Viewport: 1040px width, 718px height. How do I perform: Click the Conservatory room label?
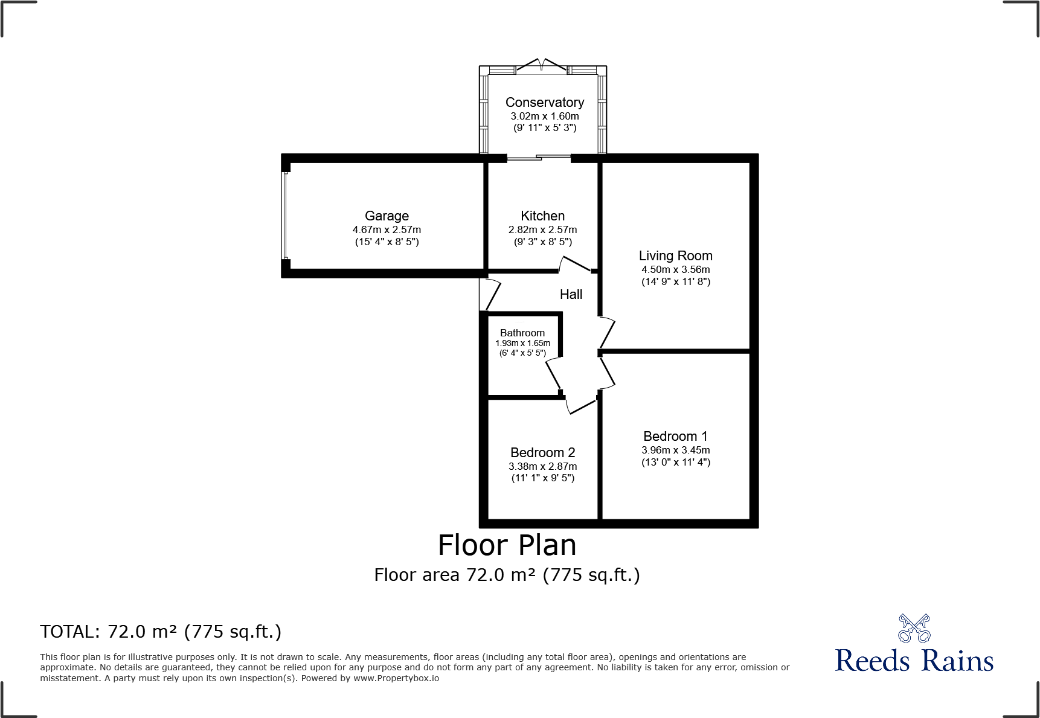coord(544,103)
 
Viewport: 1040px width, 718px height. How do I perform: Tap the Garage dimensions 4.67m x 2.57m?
coord(387,230)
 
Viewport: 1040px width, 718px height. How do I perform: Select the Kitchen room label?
coord(542,216)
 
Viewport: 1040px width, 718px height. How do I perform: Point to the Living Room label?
coord(675,256)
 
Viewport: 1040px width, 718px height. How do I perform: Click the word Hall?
coord(571,295)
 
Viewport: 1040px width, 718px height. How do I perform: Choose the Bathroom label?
coord(522,333)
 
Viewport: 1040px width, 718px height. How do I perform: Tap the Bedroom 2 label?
coord(542,453)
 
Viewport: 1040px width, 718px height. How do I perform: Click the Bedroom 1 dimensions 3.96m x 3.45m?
coord(675,450)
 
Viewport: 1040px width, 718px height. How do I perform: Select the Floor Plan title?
coord(507,545)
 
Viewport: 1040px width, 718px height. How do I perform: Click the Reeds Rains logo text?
coord(914,661)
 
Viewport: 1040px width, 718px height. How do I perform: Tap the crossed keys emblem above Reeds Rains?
coord(914,629)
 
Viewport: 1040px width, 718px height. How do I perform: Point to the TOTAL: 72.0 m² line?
coord(161,632)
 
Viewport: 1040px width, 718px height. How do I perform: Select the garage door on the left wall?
coord(285,216)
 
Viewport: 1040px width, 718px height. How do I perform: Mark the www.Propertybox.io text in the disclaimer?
coord(396,678)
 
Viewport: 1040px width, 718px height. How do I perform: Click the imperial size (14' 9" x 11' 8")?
coord(675,282)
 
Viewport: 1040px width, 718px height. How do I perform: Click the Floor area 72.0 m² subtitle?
coord(507,575)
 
